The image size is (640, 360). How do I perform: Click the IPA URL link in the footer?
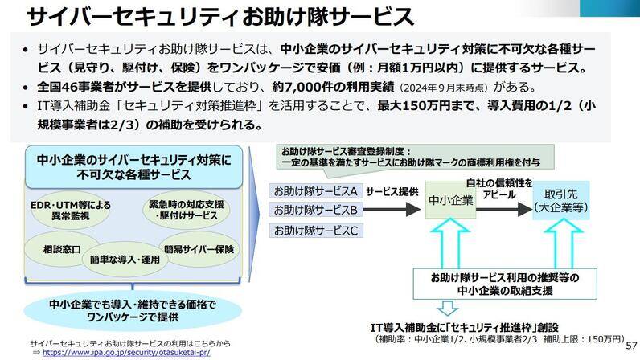pos(126,352)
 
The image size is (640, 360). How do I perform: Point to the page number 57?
pos(631,346)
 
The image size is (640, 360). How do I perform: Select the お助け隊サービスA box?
pos(315,191)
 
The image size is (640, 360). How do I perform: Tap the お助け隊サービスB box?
pos(315,210)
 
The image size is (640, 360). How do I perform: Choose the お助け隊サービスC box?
pos(315,230)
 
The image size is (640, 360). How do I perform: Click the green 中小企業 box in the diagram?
pos(450,200)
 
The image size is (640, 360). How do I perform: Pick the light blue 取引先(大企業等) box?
pos(561,200)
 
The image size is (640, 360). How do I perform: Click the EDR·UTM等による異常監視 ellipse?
pos(71,211)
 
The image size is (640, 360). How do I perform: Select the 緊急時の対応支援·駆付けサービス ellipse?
pos(186,210)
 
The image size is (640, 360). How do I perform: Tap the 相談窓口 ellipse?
pos(62,249)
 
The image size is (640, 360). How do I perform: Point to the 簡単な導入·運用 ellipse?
pos(125,260)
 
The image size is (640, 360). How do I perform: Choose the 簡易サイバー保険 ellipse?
pos(199,249)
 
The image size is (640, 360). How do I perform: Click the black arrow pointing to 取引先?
pos(504,210)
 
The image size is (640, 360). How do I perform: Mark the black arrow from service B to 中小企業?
pos(392,210)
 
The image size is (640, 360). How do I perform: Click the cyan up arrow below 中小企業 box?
pos(450,243)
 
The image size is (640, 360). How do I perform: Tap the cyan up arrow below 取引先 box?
pos(564,243)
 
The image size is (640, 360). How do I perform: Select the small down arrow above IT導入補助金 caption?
pos(448,308)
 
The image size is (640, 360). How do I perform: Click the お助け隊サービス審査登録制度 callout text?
pos(411,157)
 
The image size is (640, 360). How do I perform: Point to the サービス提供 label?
pos(392,191)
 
